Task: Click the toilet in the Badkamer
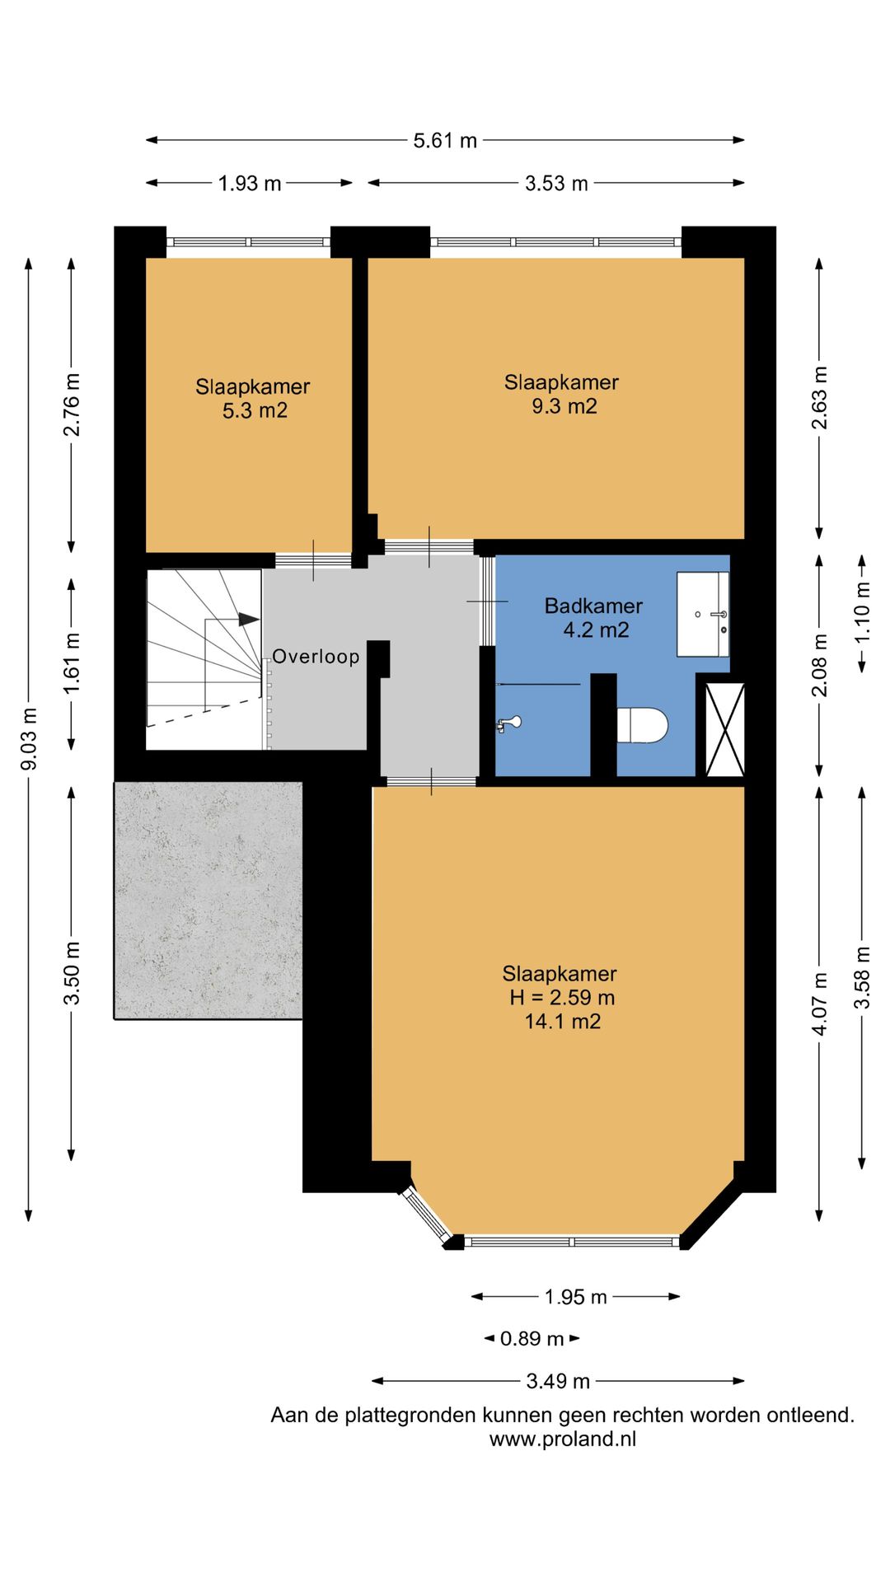point(642,725)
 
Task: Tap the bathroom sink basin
point(703,615)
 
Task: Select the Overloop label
point(316,657)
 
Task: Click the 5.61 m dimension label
point(445,141)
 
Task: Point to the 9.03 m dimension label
point(29,739)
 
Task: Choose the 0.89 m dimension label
point(532,1339)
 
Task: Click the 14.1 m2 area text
point(563,1022)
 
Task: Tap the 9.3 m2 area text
point(564,406)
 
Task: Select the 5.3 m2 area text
point(255,410)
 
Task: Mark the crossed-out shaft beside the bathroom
point(725,729)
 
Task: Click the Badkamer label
point(593,606)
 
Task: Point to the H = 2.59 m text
point(562,998)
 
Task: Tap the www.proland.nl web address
point(563,1439)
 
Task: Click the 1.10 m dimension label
point(862,613)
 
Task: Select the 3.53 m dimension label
point(556,184)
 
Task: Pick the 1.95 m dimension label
point(575,1297)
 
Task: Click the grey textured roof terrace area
point(208,901)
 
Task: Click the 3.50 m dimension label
point(72,973)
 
